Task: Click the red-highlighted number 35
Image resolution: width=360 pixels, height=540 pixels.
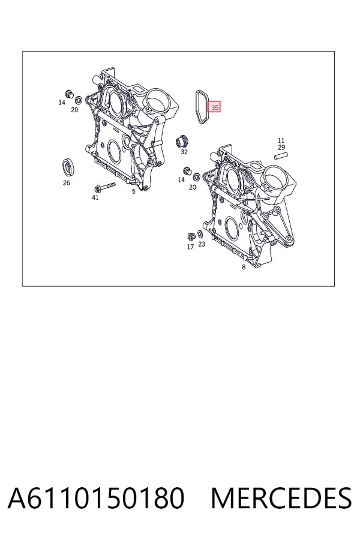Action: pyautogui.click(x=215, y=107)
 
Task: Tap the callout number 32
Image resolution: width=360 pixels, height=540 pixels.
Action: pyautogui.click(x=184, y=152)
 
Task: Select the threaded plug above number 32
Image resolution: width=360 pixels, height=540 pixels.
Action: pyautogui.click(x=182, y=141)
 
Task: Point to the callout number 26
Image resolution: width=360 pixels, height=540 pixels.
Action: pyautogui.click(x=67, y=182)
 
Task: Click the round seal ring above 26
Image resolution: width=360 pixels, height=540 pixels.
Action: pyautogui.click(x=68, y=167)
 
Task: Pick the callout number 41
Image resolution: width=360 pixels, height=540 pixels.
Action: pyautogui.click(x=95, y=197)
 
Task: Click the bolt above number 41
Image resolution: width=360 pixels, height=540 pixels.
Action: pyautogui.click(x=104, y=187)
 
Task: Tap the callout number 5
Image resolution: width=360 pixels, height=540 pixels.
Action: pyautogui.click(x=133, y=191)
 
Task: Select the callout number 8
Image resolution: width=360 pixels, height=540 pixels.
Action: pyautogui.click(x=244, y=267)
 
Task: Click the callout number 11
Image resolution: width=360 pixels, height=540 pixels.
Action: pyautogui.click(x=281, y=140)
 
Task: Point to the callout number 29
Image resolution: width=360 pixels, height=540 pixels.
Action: pyautogui.click(x=281, y=147)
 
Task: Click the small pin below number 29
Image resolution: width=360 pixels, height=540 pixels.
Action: pyautogui.click(x=281, y=156)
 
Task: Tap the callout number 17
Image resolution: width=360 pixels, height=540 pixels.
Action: pyautogui.click(x=191, y=247)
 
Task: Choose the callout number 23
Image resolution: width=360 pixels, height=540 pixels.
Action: pyautogui.click(x=202, y=244)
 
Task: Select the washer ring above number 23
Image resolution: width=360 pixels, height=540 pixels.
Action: pyautogui.click(x=200, y=233)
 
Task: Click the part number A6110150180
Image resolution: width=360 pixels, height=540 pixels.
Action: pyautogui.click(x=96, y=498)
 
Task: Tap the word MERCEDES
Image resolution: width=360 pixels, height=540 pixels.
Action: pyautogui.click(x=281, y=498)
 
